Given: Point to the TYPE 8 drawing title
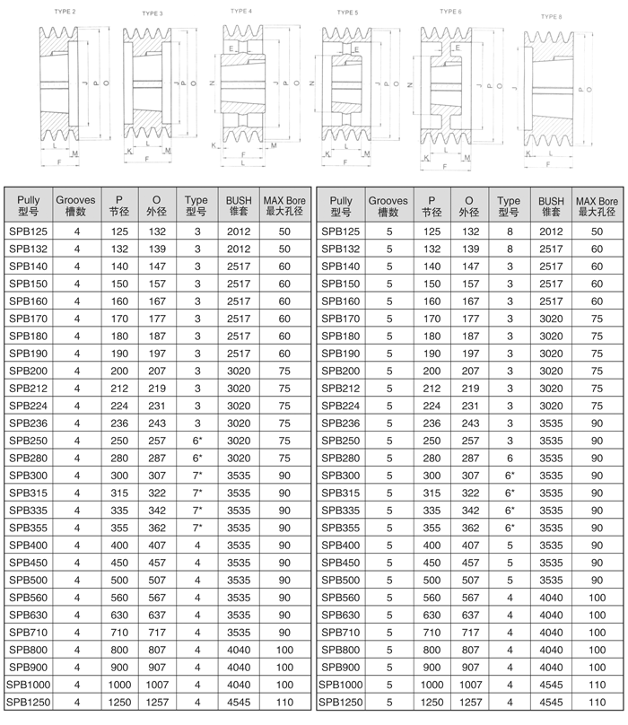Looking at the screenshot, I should pos(552,16).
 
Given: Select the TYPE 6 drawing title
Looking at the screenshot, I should pos(450,12).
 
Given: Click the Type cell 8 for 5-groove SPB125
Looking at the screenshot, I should pos(509,231).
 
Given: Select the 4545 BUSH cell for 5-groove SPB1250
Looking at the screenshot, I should pos(551,701).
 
